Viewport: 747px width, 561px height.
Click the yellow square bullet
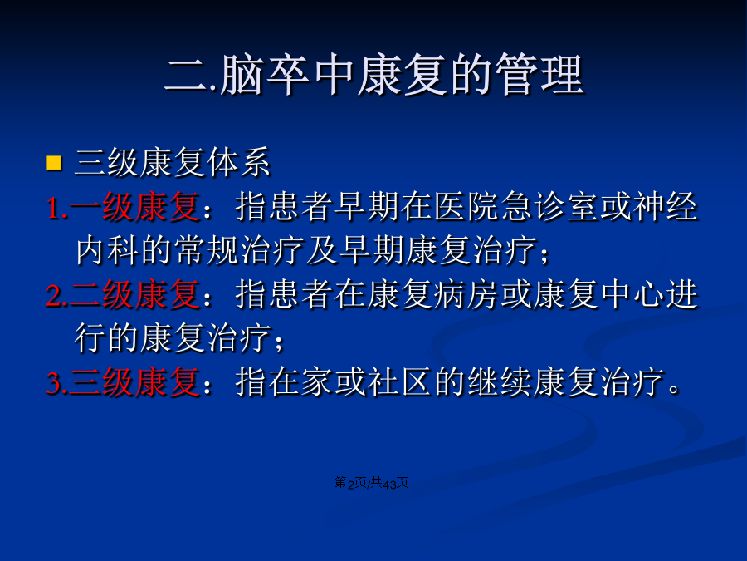54,163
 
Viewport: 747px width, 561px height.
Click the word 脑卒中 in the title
286,75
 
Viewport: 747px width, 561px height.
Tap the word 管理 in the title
539,75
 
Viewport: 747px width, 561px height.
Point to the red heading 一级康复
134,207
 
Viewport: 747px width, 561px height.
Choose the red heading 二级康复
134,295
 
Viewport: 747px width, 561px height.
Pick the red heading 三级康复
134,382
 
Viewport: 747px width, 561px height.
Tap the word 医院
466,207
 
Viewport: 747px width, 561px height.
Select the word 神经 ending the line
666,207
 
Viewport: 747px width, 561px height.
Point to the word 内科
108,250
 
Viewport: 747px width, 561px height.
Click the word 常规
207,250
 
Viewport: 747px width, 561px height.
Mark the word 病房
466,295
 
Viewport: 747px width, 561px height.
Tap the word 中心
632,295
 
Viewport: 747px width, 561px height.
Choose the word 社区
400,382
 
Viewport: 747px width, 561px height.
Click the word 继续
500,382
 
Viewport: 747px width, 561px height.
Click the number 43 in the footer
389,484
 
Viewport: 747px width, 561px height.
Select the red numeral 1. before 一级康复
56,209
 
